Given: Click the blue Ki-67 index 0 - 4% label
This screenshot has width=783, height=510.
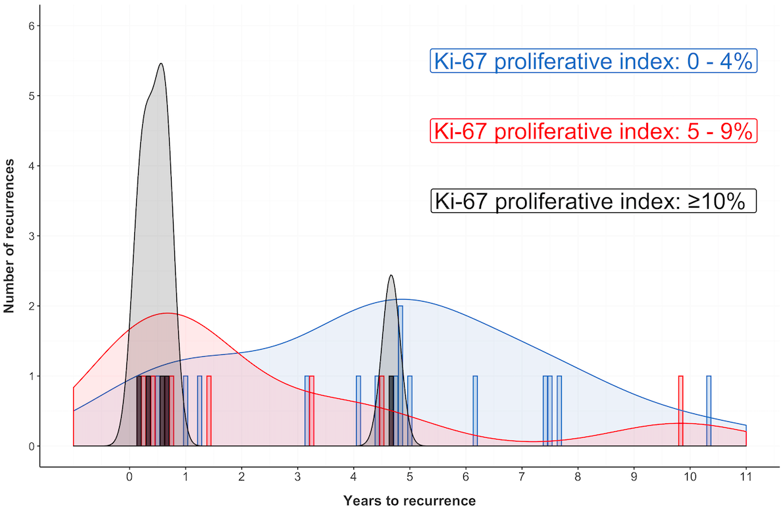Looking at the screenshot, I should click(x=594, y=61).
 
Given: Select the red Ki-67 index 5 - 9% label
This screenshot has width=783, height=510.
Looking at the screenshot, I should click(x=594, y=131).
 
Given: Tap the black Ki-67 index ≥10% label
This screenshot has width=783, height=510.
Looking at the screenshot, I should click(x=594, y=201).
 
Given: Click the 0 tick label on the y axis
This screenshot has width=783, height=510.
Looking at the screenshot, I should click(x=31, y=446).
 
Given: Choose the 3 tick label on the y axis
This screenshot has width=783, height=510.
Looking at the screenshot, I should click(x=31, y=236).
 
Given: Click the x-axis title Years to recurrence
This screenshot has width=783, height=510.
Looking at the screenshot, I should click(x=409, y=501).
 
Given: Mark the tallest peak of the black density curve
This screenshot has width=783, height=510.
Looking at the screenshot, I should click(x=161, y=64).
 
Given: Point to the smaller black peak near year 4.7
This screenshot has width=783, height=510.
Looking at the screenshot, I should click(x=391, y=276).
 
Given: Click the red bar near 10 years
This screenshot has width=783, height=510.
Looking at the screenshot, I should click(x=681, y=411).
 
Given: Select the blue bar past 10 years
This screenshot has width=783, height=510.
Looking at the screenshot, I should click(x=709, y=411).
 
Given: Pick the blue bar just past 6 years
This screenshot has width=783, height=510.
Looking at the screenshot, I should click(x=475, y=411).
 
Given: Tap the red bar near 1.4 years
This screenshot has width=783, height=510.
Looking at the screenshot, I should click(x=209, y=411).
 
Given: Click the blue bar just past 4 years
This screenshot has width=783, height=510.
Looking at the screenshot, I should click(x=358, y=411).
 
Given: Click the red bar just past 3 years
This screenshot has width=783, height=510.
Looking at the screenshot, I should click(x=312, y=411).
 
